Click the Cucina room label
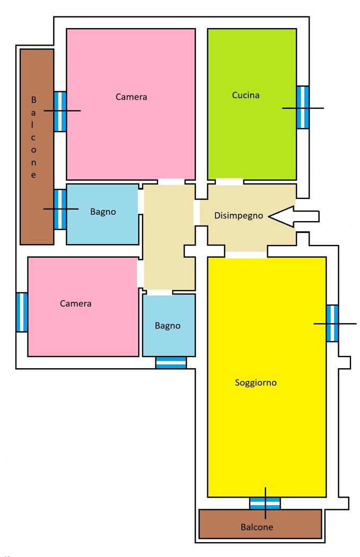(x=245, y=95)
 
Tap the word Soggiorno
(x=256, y=383)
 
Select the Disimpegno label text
(x=239, y=215)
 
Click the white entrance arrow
(x=294, y=216)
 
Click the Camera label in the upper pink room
(x=131, y=97)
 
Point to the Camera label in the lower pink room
(x=76, y=304)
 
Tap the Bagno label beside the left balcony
(x=103, y=212)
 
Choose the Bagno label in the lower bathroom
(x=168, y=326)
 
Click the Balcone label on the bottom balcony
(x=257, y=527)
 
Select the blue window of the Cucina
(x=303, y=107)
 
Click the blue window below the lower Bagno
(x=171, y=363)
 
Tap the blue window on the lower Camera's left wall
(x=22, y=312)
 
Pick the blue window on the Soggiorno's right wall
(x=332, y=323)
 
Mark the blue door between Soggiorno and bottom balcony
(x=265, y=503)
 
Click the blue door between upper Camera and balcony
(x=60, y=111)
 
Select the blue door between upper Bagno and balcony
(x=60, y=209)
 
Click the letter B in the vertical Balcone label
(x=34, y=100)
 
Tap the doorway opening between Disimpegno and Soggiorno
(x=246, y=255)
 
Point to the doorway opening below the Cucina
(x=230, y=182)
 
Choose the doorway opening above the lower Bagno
(x=160, y=293)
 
